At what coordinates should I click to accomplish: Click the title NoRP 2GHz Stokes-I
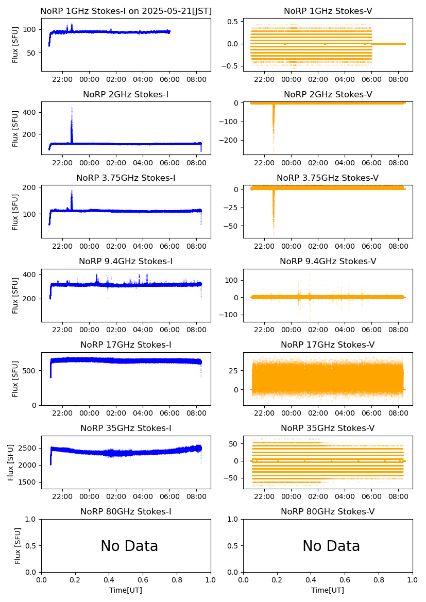coord(126,95)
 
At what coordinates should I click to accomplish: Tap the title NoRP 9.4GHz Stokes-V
coord(328,262)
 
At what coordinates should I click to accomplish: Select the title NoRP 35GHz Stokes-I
coord(126,428)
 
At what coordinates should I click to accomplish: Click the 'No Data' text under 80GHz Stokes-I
coord(129,546)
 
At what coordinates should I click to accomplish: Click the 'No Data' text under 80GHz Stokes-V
coord(331,546)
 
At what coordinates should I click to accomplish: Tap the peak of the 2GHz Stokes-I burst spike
coord(72,107)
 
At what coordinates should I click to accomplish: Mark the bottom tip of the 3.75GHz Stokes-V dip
coord(274,236)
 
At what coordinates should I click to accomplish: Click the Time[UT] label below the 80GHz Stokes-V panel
coord(328,590)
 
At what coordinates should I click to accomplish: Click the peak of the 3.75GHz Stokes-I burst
coord(72,191)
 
